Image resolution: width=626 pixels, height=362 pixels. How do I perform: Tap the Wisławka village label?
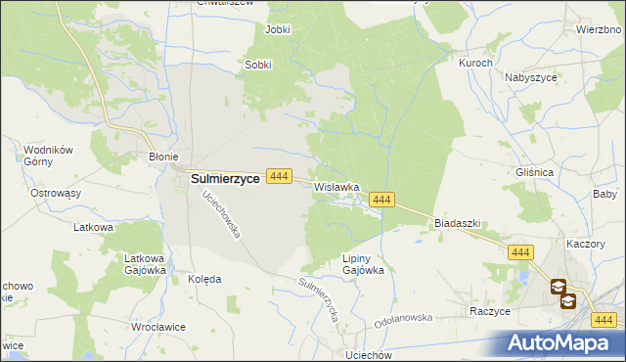pyautogui.click(x=336, y=186)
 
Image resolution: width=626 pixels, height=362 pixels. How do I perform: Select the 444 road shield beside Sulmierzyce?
pyautogui.click(x=279, y=176)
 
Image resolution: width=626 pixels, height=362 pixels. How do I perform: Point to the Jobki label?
pyautogui.click(x=278, y=29)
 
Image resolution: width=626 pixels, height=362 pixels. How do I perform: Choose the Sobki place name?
pyautogui.click(x=257, y=66)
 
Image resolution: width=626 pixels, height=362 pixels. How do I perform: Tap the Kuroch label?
pyautogui.click(x=475, y=63)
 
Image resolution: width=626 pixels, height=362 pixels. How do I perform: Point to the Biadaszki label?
pyautogui.click(x=457, y=223)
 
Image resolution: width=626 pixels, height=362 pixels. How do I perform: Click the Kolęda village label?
pyautogui.click(x=203, y=279)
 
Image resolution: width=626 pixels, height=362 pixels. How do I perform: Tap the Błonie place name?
pyautogui.click(x=161, y=156)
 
